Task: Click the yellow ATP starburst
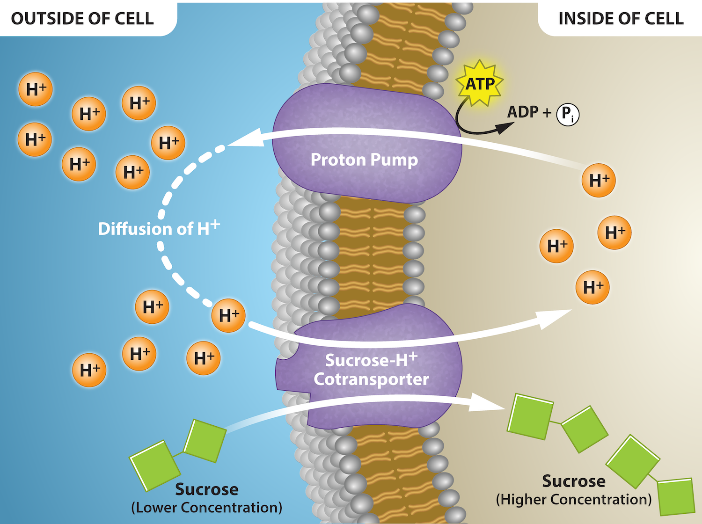click(479, 83)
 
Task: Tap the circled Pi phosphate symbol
click(568, 114)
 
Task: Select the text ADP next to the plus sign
click(523, 112)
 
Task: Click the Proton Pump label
click(364, 160)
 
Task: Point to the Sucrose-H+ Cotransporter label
click(371, 370)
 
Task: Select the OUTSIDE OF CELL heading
click(82, 19)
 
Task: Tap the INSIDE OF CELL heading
click(621, 19)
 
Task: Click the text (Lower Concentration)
click(206, 507)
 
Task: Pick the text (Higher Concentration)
click(574, 499)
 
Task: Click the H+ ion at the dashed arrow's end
click(228, 315)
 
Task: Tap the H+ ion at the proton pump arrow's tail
click(599, 180)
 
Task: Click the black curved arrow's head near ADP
click(506, 127)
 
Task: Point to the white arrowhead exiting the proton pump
click(246, 138)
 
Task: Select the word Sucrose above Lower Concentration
click(206, 489)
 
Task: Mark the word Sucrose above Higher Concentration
click(574, 481)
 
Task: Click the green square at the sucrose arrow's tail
click(205, 441)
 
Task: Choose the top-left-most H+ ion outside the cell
click(36, 89)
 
